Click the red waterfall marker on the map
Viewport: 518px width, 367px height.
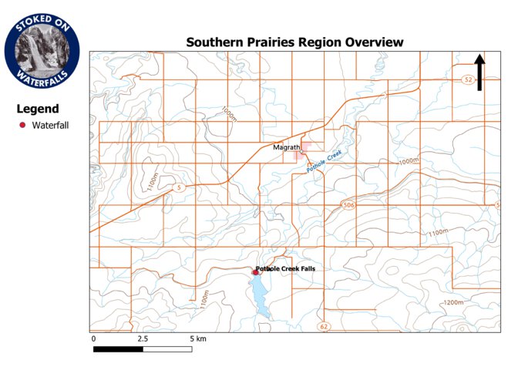point(256,271)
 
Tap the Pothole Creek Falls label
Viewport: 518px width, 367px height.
point(288,268)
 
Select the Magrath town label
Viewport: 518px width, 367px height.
point(286,147)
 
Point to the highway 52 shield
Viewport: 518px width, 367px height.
point(467,79)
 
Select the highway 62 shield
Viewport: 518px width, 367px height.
point(324,328)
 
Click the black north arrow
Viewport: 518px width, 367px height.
point(479,72)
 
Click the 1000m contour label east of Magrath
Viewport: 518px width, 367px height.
point(408,161)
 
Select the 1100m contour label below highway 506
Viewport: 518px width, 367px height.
point(437,232)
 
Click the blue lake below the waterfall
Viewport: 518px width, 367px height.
point(259,297)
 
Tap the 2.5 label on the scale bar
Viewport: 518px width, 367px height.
point(143,338)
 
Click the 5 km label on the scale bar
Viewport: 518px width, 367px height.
point(197,338)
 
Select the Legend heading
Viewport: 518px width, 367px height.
point(38,109)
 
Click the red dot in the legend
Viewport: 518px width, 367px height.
point(22,125)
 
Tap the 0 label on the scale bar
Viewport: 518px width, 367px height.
point(93,338)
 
